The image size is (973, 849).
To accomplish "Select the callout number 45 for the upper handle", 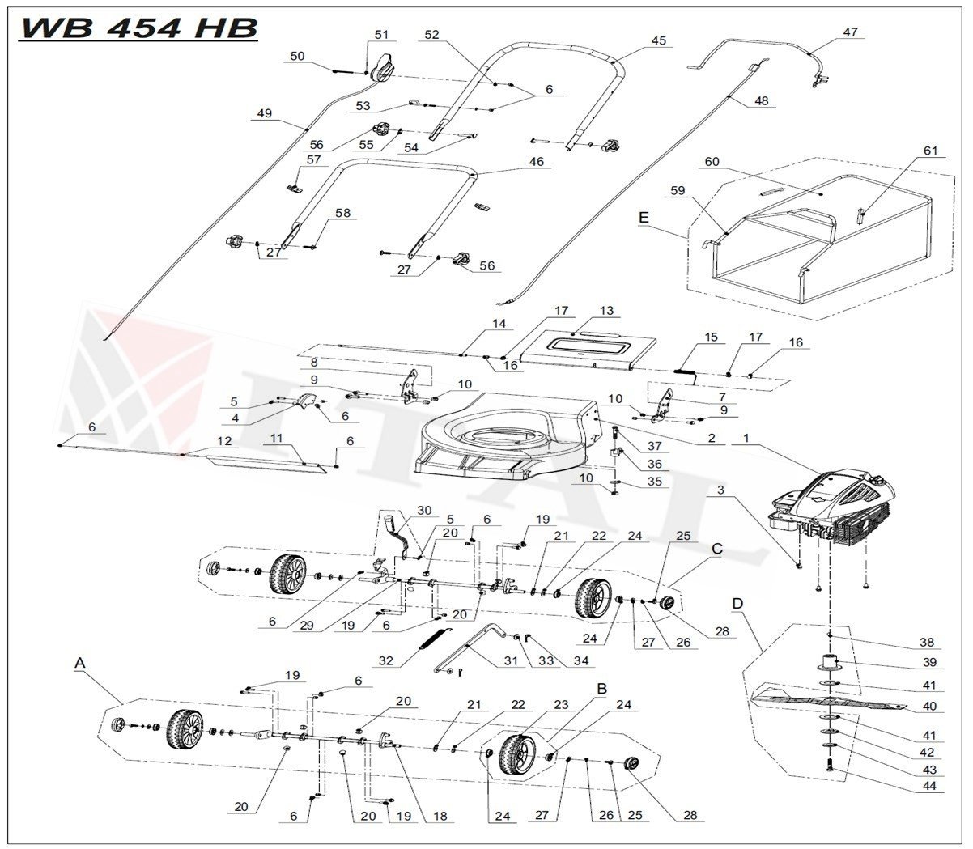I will tap(659, 40).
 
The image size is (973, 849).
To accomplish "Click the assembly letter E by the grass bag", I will tap(644, 217).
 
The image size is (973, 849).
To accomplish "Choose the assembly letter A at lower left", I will tap(79, 661).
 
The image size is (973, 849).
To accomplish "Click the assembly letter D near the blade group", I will tap(737, 604).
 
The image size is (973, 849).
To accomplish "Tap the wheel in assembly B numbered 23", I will tap(516, 753).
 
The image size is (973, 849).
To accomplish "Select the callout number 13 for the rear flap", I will tap(606, 311).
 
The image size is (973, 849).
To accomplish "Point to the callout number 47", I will tap(849, 32).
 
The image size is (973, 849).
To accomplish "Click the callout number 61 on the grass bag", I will tap(930, 151).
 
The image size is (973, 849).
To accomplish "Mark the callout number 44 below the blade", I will tap(928, 786).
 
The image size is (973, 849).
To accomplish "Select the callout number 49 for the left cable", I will tap(264, 113).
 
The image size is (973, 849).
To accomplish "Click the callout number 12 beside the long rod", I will tap(224, 441).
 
